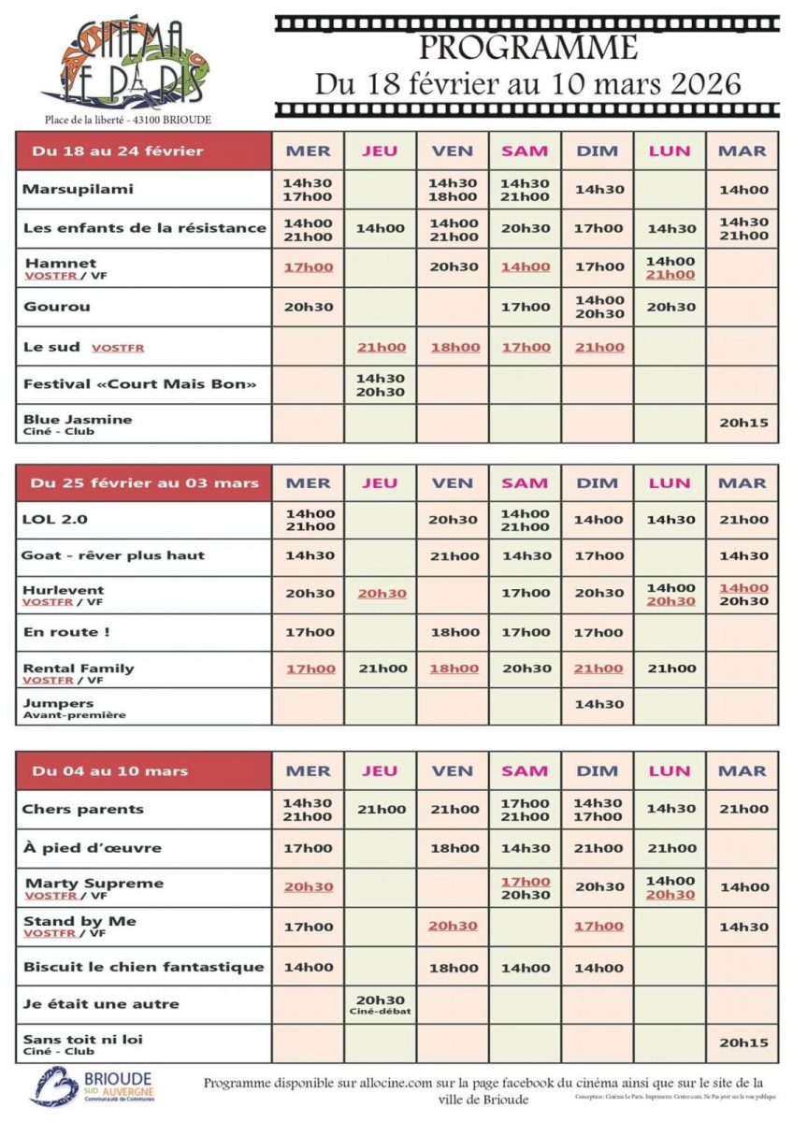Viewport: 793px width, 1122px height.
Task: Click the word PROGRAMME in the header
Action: pos(527,47)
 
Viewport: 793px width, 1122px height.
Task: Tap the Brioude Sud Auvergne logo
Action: pos(92,1086)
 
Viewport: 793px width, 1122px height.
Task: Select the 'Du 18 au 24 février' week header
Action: pos(117,151)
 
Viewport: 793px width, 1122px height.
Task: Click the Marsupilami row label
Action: pos(79,189)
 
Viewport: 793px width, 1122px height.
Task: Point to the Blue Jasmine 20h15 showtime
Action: pos(743,424)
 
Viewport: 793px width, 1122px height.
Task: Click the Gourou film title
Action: pos(57,307)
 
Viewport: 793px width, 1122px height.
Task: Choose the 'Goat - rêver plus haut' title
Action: pos(112,555)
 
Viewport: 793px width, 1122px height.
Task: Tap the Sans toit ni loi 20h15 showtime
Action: pos(743,1043)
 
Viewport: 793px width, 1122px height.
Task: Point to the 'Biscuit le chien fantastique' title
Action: pos(142,967)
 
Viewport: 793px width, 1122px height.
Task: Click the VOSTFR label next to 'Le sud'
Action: pos(118,348)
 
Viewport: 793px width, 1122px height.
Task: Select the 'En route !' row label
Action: pos(65,632)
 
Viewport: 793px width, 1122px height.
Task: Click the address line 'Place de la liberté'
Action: pos(127,120)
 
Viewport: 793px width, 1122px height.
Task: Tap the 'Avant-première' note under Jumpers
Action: pos(74,715)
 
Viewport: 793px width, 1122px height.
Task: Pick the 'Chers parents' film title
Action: pos(82,810)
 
